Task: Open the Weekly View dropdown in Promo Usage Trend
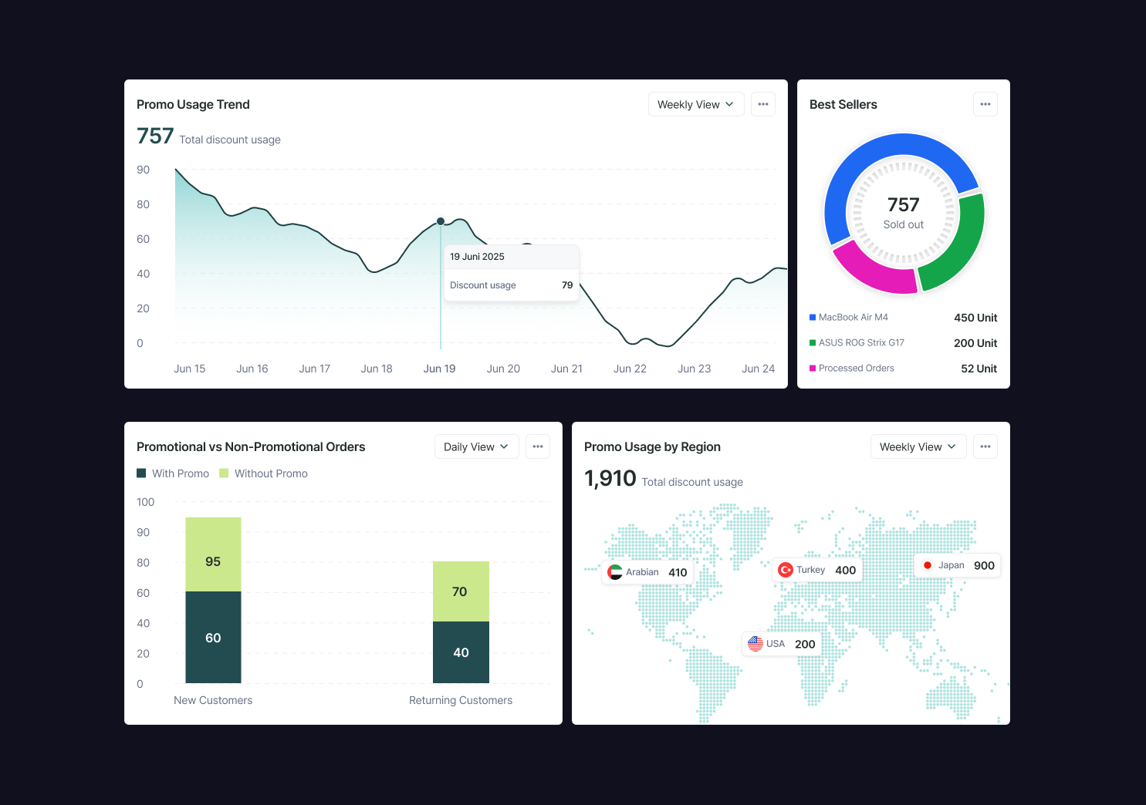[695, 104]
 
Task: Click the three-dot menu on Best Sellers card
[985, 104]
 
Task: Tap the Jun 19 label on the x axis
[439, 369]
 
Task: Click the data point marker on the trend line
[441, 221]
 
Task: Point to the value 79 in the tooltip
[567, 285]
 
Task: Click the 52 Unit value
[979, 369]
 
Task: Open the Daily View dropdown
[476, 446]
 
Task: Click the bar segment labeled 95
[213, 554]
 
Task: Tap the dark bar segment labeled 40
[461, 652]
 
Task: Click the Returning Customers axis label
[461, 700]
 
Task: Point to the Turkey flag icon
[786, 570]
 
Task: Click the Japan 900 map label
[958, 565]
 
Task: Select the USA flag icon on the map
[756, 644]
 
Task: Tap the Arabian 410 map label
[647, 572]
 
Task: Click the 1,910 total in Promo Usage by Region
[610, 479]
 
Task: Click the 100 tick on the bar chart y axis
[145, 502]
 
